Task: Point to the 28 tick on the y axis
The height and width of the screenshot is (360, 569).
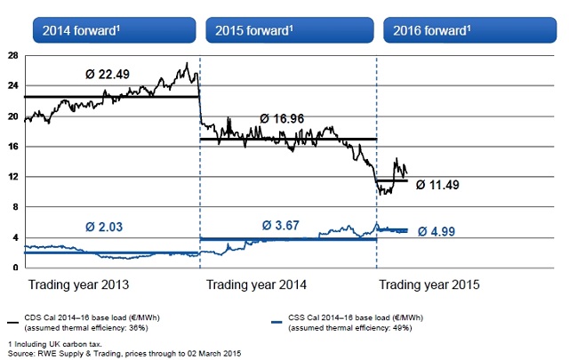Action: [12, 55]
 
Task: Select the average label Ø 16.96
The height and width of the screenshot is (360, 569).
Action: [289, 117]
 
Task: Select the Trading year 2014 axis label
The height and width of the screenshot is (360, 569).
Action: [257, 285]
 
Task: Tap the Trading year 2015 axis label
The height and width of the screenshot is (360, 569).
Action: [429, 285]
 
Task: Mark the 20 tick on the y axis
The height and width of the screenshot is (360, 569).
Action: [12, 116]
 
